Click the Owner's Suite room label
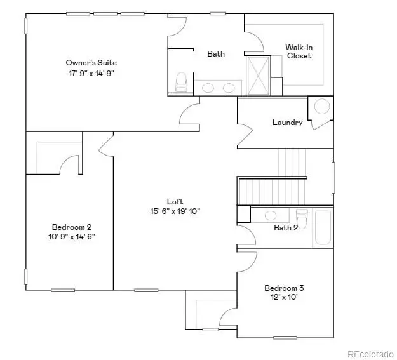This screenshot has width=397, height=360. coord(91,62)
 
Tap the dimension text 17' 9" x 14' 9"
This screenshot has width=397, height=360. coord(91,73)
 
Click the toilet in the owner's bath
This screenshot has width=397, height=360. coord(181,81)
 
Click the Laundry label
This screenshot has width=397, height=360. coord(287,123)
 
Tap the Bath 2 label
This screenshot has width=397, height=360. coord(286,228)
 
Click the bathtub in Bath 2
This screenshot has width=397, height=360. coord(322,228)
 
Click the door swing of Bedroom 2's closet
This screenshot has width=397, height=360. coord(69,164)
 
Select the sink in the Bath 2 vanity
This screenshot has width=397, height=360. coord(271,215)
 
